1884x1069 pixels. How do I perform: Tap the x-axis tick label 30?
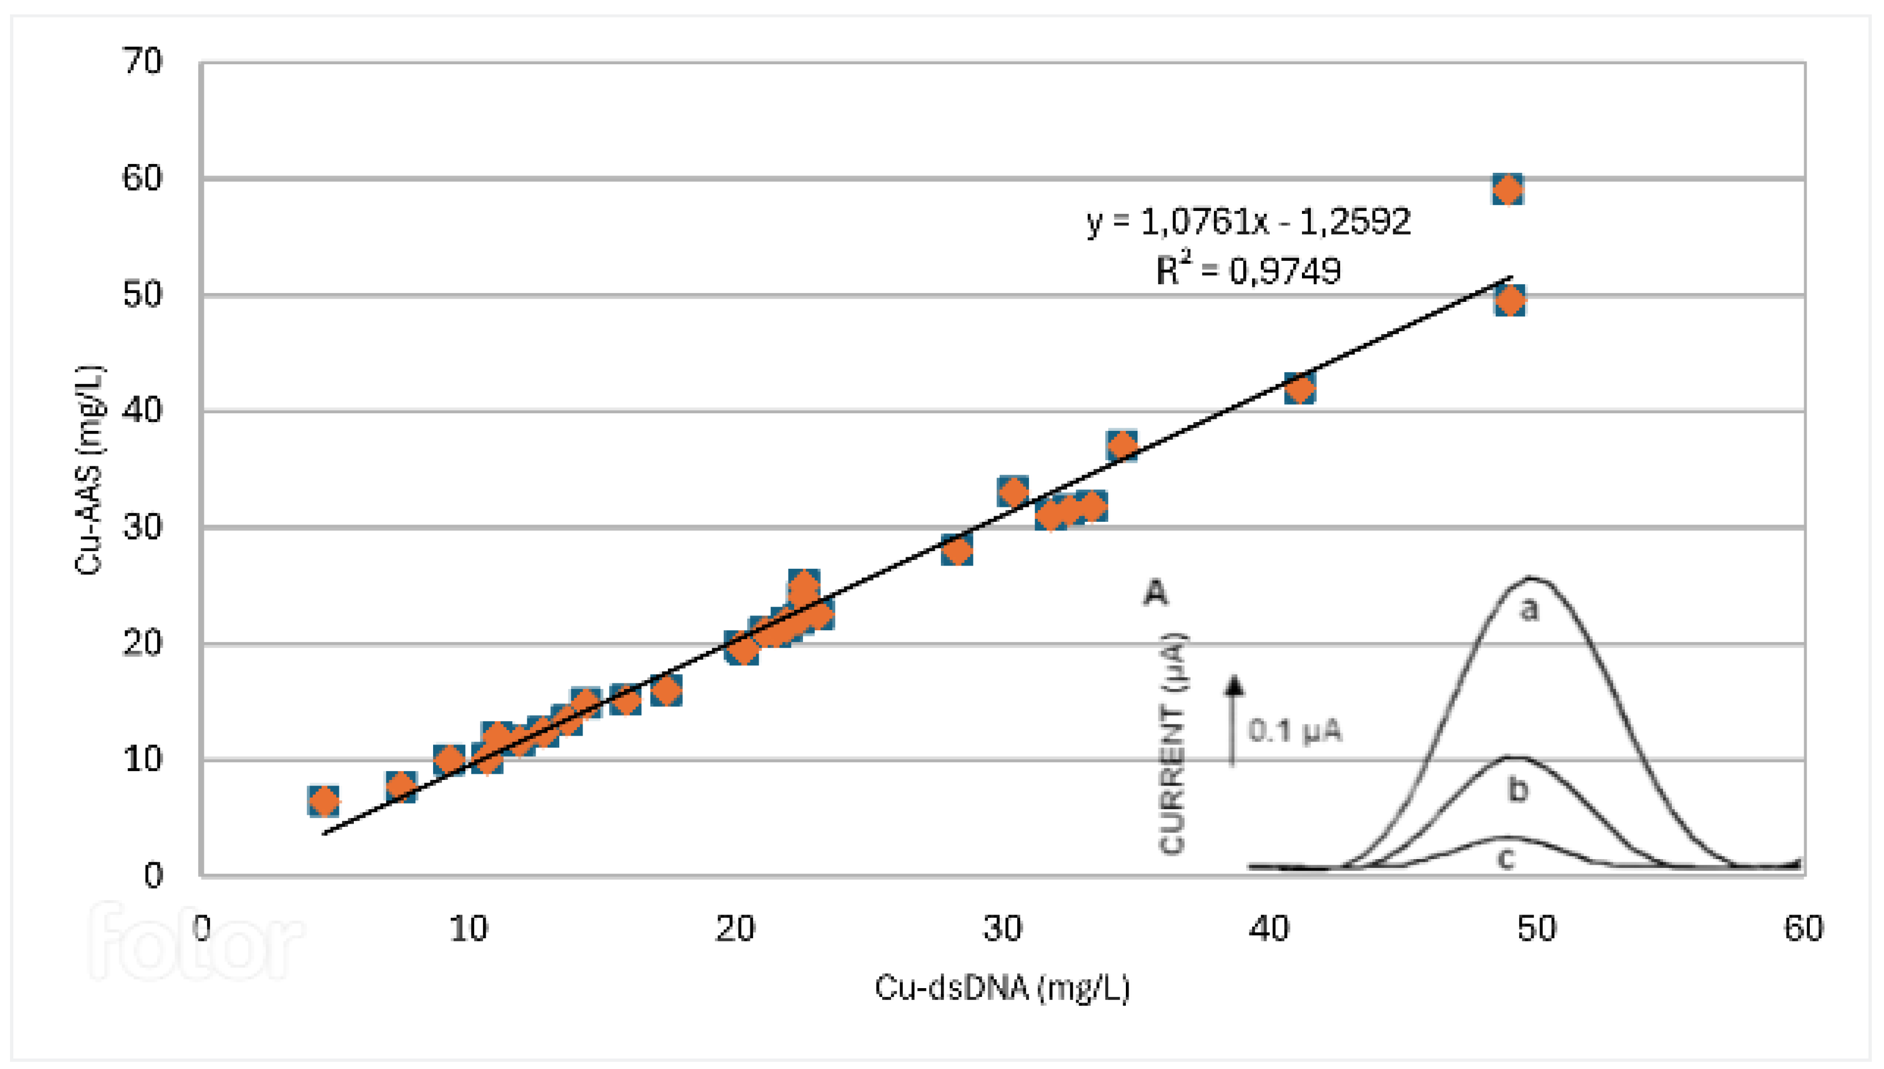tap(1002, 929)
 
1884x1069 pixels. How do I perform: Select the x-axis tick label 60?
tap(1803, 929)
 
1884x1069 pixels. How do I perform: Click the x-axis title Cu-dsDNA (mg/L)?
tap(1002, 988)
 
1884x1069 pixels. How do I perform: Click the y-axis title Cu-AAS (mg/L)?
tap(90, 470)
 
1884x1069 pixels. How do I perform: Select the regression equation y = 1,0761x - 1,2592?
tap(1248, 221)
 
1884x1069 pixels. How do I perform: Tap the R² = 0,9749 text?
tap(1248, 271)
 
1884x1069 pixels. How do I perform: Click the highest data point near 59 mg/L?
tap(1507, 190)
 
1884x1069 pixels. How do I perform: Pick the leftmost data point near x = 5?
tap(323, 802)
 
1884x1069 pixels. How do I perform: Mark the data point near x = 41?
tap(1300, 388)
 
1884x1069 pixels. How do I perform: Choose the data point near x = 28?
tap(957, 550)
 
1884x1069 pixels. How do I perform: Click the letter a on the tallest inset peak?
tap(1529, 609)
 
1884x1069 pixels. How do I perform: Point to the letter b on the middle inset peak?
tap(1518, 790)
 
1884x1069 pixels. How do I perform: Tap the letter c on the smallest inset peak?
tap(1506, 857)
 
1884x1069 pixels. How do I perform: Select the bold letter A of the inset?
tap(1156, 592)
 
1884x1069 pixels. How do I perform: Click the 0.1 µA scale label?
tap(1295, 731)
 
